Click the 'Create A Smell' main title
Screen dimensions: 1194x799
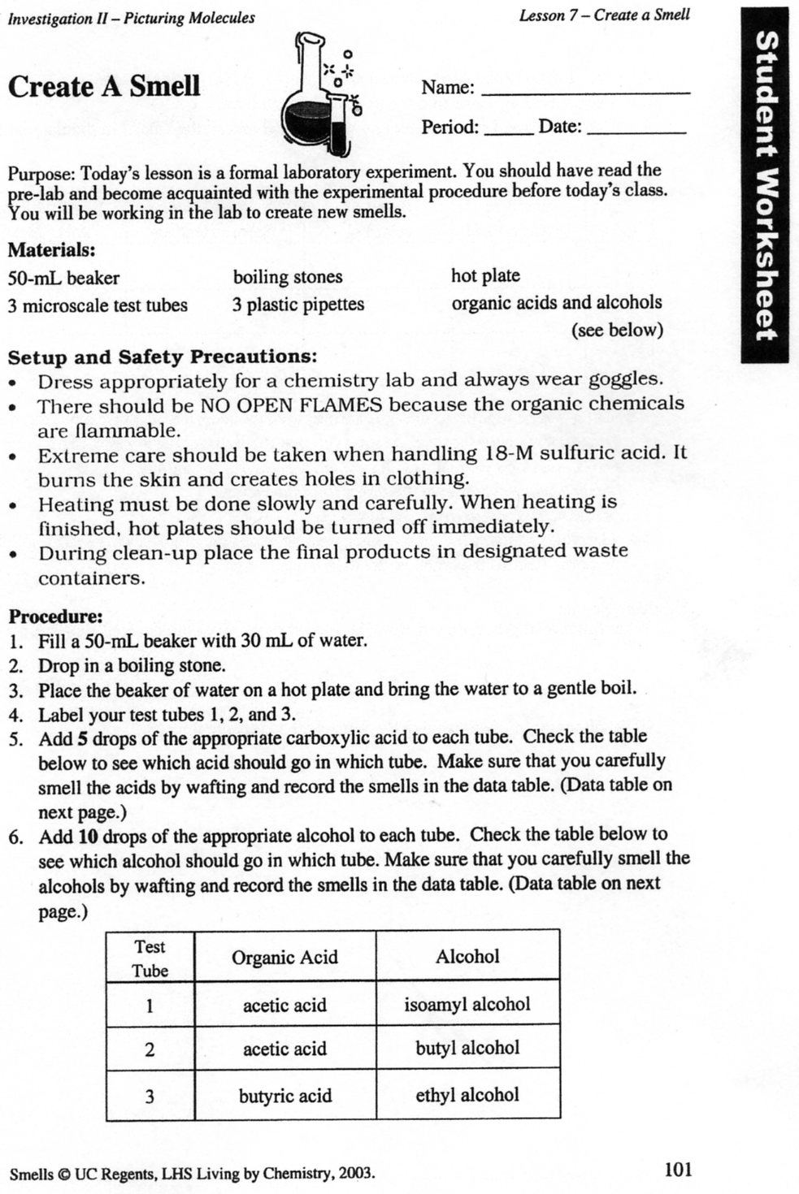(104, 87)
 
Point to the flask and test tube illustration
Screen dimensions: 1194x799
(319, 95)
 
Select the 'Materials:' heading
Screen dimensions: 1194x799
(52, 250)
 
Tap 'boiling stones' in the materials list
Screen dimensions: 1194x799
(288, 277)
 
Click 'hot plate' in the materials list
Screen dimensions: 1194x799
(485, 275)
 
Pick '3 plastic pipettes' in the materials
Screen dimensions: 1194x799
(297, 305)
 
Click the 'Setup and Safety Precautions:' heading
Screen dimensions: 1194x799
(162, 357)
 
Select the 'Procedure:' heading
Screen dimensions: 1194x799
(55, 616)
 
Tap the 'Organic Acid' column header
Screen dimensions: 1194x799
(284, 958)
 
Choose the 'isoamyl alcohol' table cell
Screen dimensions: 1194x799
(467, 1005)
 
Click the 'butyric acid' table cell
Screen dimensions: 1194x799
(284, 1096)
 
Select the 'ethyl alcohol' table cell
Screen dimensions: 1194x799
(467, 1095)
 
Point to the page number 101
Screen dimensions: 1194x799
(678, 1170)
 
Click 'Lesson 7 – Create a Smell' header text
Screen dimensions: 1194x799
(604, 15)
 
